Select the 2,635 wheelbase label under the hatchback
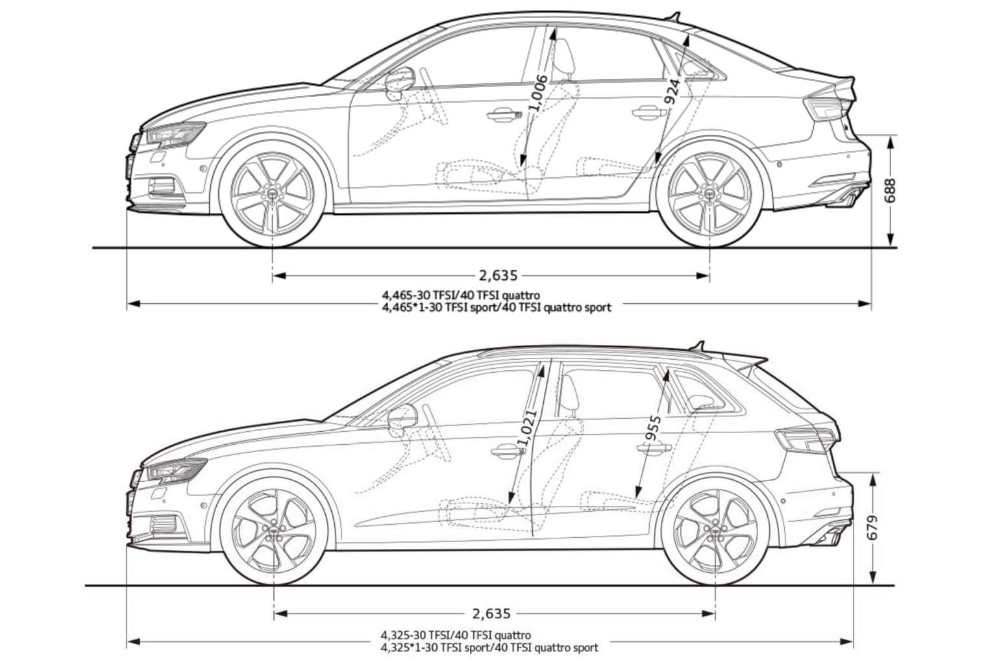491,613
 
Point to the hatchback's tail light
805,440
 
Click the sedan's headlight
173,134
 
